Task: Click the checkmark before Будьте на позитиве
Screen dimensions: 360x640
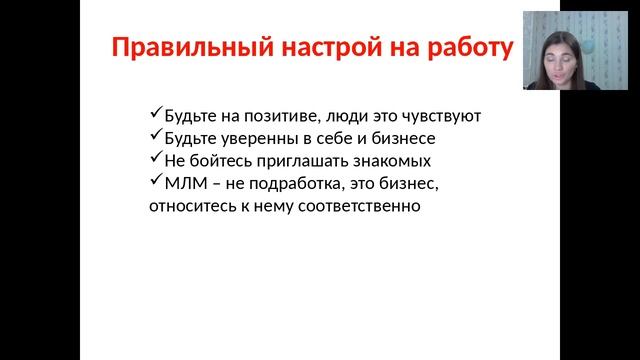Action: click(152, 114)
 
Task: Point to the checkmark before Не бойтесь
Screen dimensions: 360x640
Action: click(152, 159)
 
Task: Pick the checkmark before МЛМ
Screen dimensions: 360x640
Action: click(152, 182)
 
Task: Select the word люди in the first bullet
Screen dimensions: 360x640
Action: click(344, 116)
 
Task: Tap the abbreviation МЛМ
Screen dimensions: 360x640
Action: click(182, 185)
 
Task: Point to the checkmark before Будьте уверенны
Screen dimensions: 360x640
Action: click(152, 136)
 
